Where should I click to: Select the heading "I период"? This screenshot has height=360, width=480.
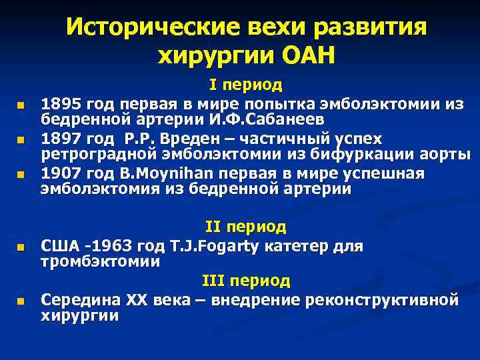[x=245, y=85]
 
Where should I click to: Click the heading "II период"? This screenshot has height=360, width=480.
[x=245, y=227]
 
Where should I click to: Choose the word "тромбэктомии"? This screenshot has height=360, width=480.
[x=100, y=261]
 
